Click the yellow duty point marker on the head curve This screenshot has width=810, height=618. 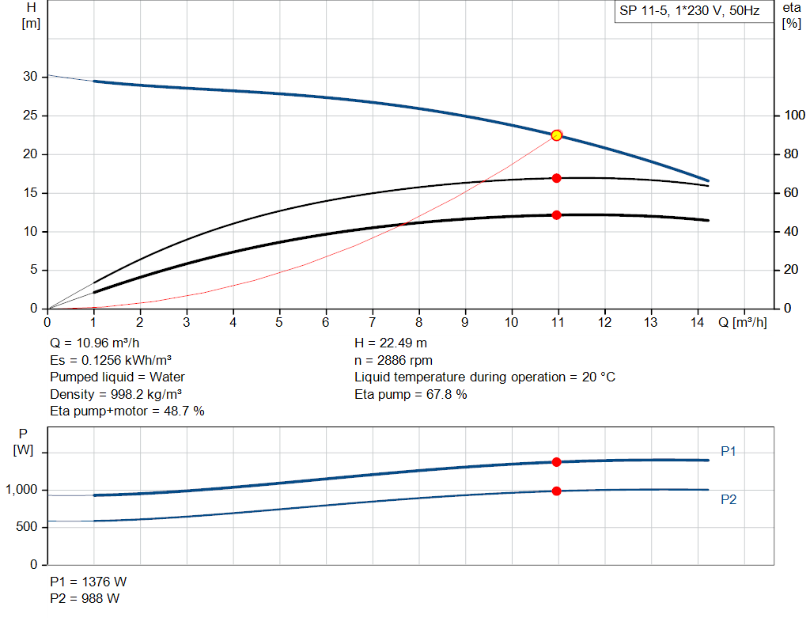tap(556, 135)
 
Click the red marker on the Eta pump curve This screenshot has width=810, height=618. tap(556, 178)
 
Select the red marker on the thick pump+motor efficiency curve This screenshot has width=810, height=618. tap(556, 215)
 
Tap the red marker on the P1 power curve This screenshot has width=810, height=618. tap(556, 462)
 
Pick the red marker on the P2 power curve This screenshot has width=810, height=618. tap(556, 491)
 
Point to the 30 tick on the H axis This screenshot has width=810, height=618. tap(30, 77)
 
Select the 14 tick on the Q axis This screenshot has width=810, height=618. tap(697, 322)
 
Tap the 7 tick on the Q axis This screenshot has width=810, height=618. tap(373, 322)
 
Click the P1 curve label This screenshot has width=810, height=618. tap(729, 451)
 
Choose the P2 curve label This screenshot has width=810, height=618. tap(729, 500)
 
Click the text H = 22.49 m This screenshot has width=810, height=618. tap(392, 343)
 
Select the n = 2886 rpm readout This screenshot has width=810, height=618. tap(393, 360)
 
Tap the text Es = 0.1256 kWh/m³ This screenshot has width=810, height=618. tap(111, 360)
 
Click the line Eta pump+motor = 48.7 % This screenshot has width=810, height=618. tap(127, 411)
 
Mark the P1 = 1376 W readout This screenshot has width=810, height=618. tap(88, 582)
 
